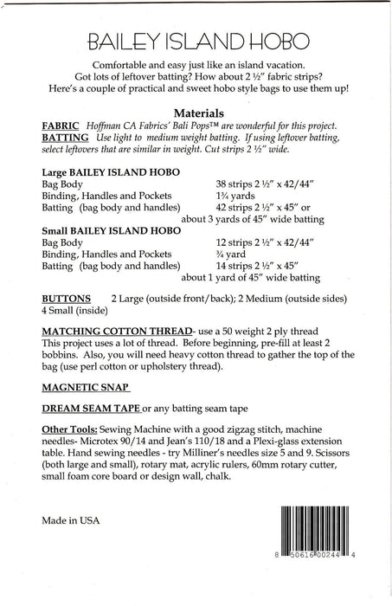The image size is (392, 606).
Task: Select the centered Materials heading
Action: pos(200,112)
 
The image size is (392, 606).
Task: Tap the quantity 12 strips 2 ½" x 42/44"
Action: pos(272,244)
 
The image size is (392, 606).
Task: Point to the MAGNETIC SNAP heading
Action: pos(85,386)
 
